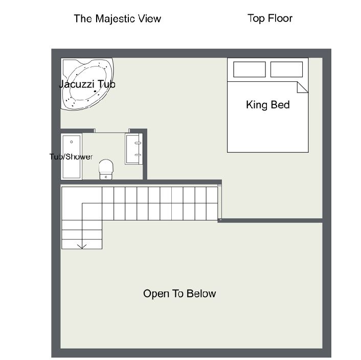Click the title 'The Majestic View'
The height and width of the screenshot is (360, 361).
118,19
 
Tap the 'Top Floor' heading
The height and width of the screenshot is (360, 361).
270,18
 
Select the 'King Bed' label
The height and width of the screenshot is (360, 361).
268,105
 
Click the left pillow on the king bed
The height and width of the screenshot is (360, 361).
250,69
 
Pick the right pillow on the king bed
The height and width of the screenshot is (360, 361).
286,69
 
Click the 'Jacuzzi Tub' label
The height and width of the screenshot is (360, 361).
87,84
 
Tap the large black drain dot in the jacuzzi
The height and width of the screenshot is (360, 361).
95,91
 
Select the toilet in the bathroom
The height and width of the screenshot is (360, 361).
106,169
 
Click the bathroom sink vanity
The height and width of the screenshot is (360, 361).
134,149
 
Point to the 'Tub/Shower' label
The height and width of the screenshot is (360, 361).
71,157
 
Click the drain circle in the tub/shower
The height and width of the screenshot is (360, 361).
72,142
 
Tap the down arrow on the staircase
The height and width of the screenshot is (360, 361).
82,246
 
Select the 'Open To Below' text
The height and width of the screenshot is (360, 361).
179,294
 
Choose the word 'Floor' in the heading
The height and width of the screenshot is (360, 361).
280,18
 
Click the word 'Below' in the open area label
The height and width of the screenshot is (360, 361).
201,294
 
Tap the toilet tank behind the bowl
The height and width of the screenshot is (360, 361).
106,176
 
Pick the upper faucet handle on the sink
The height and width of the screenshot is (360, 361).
138,143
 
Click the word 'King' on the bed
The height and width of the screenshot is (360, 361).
257,105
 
